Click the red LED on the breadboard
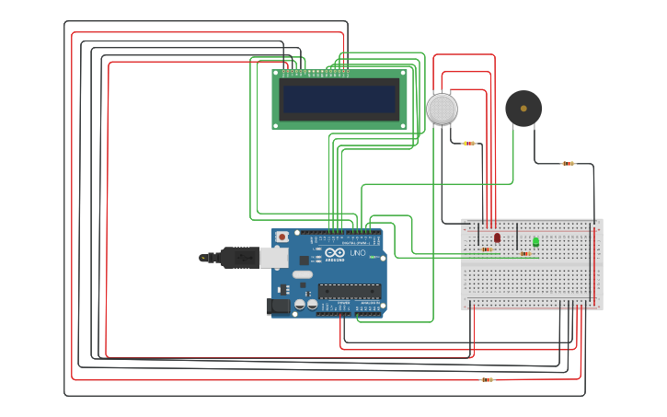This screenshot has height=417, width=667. point(497,237)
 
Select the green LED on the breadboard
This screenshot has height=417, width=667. point(535,241)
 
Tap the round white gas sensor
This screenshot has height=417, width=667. point(442,109)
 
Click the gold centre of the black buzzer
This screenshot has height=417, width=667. point(523,109)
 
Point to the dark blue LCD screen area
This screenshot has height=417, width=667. point(339,99)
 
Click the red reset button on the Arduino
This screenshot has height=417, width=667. point(282,237)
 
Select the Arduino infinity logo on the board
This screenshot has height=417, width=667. point(333,253)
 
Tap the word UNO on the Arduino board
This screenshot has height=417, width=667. point(357,253)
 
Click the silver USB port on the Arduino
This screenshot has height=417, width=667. point(274,258)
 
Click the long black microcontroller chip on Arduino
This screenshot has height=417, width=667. point(350,292)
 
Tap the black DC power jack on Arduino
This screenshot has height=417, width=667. point(278,306)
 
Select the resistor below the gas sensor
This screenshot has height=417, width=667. point(469,144)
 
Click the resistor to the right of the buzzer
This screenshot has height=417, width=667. point(568,164)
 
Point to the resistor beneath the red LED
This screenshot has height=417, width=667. point(486,249)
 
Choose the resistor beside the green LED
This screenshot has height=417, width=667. point(524,253)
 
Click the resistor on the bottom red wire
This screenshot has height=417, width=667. point(487,379)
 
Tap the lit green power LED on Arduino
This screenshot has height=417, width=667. point(373,257)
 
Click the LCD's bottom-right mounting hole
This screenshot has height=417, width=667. point(402,124)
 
